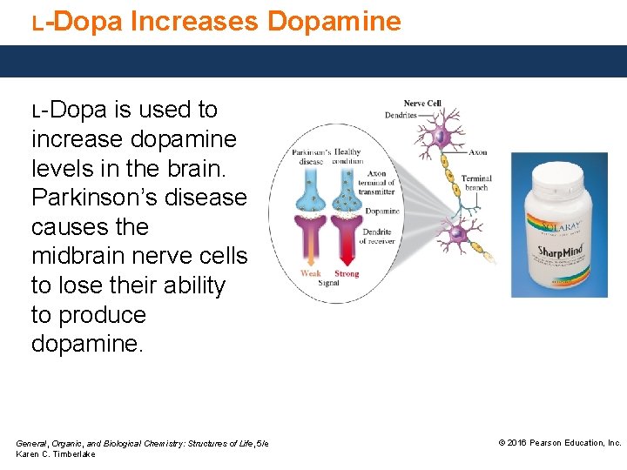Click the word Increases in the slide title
pos(194,20)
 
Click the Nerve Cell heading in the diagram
pos(422,104)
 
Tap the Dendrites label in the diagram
pos(401,114)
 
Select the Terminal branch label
pos(476,183)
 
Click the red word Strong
pos(347,273)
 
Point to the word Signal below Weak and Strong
pos(329,283)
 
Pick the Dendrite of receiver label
pos(379,236)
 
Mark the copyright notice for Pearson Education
pos(559,443)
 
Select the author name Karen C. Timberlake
pos(56,454)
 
